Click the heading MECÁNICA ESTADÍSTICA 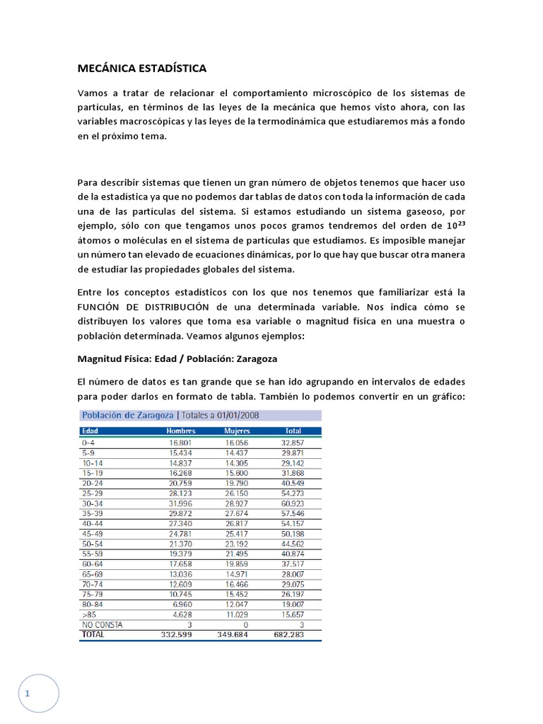141,69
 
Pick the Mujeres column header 237,431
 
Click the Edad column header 90,431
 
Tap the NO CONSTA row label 101,625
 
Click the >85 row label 88,615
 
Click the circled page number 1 28,693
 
